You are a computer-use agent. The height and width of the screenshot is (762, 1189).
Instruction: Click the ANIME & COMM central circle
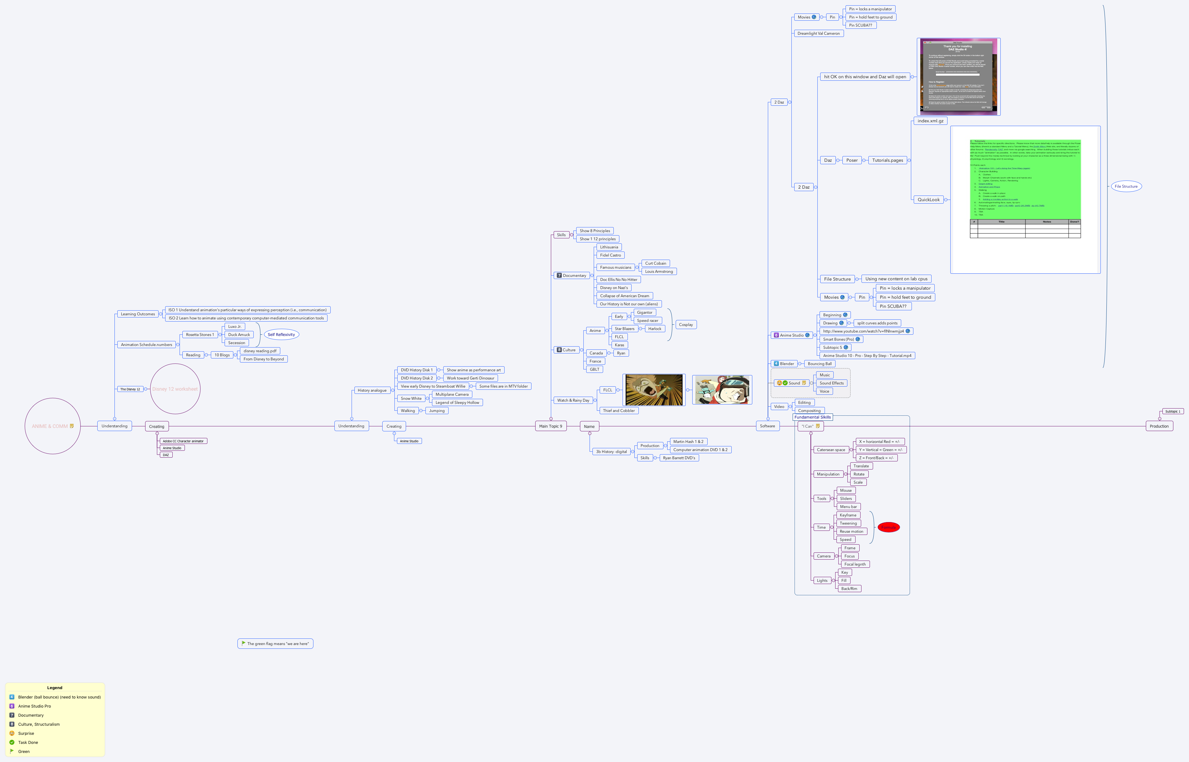[53, 426]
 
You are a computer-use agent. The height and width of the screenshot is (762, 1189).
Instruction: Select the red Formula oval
[888, 527]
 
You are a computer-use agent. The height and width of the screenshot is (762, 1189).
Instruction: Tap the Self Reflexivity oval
[281, 334]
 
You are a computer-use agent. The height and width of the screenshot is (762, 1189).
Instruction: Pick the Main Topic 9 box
[550, 426]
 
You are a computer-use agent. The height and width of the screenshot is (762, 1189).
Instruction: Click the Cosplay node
[685, 325]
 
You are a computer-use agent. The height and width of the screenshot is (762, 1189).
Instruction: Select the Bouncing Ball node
[819, 364]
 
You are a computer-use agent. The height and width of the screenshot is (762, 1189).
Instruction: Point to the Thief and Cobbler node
[618, 411]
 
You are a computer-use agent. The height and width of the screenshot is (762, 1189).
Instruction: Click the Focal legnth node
[855, 564]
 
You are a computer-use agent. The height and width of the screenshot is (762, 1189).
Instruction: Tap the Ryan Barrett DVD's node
[679, 458]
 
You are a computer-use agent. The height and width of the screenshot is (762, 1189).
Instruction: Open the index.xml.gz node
[930, 121]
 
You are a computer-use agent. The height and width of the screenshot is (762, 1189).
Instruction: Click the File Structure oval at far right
[1126, 186]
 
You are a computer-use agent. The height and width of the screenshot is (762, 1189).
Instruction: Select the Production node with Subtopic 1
[1159, 426]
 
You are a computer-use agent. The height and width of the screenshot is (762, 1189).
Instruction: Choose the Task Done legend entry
[28, 742]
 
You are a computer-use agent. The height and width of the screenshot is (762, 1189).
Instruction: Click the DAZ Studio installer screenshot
[958, 77]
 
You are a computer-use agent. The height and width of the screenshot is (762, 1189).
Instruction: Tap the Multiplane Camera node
[452, 394]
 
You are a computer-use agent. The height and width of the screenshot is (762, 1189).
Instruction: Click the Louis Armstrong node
[658, 272]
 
